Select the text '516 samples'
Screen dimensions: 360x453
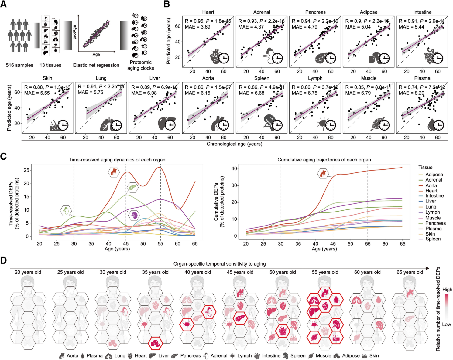(19, 65)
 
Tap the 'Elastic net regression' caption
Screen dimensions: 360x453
(96, 65)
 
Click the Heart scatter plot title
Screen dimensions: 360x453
(208, 12)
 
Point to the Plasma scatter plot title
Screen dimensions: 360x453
(422, 78)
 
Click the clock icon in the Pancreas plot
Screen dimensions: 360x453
(331, 58)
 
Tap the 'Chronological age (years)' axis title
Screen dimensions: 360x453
(234, 144)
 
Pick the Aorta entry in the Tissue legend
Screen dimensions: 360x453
(431, 185)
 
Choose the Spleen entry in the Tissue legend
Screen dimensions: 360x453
(433, 239)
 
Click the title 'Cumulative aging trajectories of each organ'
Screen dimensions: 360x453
(324, 160)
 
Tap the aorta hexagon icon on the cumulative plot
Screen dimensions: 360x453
(323, 174)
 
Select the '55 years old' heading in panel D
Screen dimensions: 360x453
(325, 272)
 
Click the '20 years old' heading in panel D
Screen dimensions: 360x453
(28, 272)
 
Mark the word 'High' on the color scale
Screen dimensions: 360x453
(447, 290)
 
